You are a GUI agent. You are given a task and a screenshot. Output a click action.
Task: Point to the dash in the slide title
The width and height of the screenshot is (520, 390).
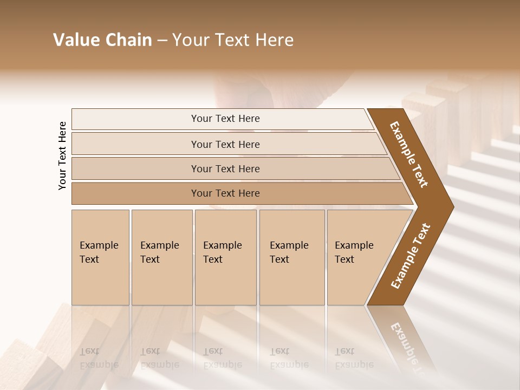point(162,41)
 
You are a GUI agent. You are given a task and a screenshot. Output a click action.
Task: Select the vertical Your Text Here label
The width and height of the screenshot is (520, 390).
point(62,155)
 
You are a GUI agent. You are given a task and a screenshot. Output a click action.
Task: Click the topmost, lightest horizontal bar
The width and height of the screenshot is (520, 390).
point(225,119)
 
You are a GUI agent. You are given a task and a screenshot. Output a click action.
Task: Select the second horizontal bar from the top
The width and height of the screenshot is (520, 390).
point(225,144)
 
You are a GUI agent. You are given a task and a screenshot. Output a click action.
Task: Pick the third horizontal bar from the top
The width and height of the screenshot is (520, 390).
point(225,168)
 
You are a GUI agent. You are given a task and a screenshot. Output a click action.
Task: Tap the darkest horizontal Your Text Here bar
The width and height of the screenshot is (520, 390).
point(225,193)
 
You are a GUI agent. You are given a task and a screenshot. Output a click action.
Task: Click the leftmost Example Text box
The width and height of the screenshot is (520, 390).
point(100,257)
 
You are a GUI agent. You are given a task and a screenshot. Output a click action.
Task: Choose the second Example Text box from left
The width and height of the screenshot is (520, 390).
point(161,257)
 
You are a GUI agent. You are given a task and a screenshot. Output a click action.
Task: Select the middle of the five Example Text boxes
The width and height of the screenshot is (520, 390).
point(225,257)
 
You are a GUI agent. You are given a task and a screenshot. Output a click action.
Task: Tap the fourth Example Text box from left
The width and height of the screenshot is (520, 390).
point(291,257)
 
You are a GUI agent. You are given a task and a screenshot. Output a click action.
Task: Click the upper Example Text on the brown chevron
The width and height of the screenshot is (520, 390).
point(409,154)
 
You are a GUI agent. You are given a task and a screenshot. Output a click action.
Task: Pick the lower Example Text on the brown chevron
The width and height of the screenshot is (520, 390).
point(411,256)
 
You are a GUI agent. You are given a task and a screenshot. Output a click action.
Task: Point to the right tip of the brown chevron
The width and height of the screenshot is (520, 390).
point(452,206)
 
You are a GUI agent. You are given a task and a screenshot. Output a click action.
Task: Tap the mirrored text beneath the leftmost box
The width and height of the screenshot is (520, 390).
point(99,358)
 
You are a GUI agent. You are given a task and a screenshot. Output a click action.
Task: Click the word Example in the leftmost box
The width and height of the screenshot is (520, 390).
point(99,245)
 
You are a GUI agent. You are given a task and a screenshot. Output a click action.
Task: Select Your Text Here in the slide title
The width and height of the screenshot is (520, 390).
point(233,40)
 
